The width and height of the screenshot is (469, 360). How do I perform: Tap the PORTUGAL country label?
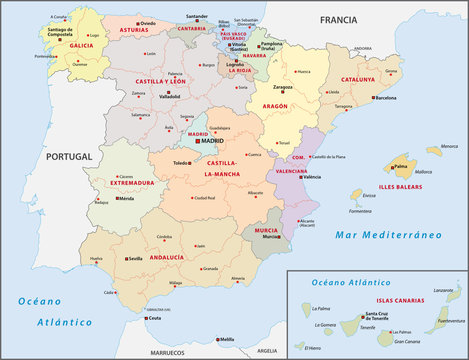click(x=71, y=156)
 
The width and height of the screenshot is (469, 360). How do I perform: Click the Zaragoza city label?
click(x=284, y=88)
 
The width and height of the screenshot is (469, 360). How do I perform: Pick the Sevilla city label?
click(x=136, y=258)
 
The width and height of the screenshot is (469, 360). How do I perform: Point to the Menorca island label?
click(x=433, y=149)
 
